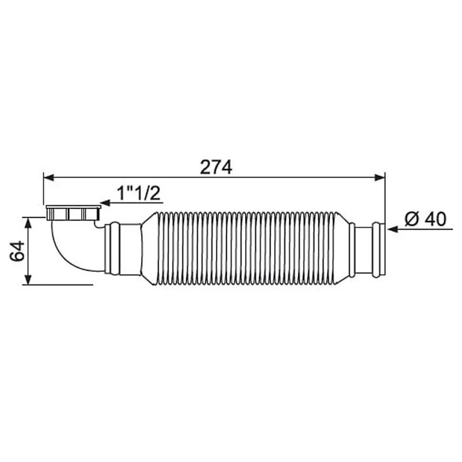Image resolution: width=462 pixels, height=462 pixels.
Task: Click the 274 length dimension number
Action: [216, 167]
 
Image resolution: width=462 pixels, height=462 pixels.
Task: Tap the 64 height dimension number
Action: [17, 251]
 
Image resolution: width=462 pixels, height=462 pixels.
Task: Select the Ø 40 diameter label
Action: [425, 219]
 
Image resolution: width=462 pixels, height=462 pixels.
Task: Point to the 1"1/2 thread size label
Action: [139, 193]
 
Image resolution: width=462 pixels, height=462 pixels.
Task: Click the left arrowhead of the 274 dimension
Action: [49, 177]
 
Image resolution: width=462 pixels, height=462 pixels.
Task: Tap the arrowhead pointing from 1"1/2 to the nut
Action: [105, 203]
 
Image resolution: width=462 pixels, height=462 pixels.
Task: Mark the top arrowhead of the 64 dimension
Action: [28, 223]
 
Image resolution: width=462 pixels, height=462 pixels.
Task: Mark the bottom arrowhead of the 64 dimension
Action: [28, 279]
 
